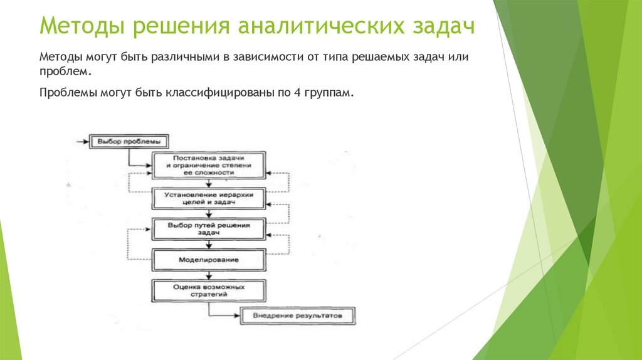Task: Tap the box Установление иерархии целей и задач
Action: pyautogui.click(x=209, y=199)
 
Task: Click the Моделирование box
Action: pyautogui.click(x=209, y=259)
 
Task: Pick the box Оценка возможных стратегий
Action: pyautogui.click(x=209, y=290)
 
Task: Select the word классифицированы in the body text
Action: pyautogui.click(x=216, y=93)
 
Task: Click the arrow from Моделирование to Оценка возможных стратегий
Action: pyautogui.click(x=209, y=275)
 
